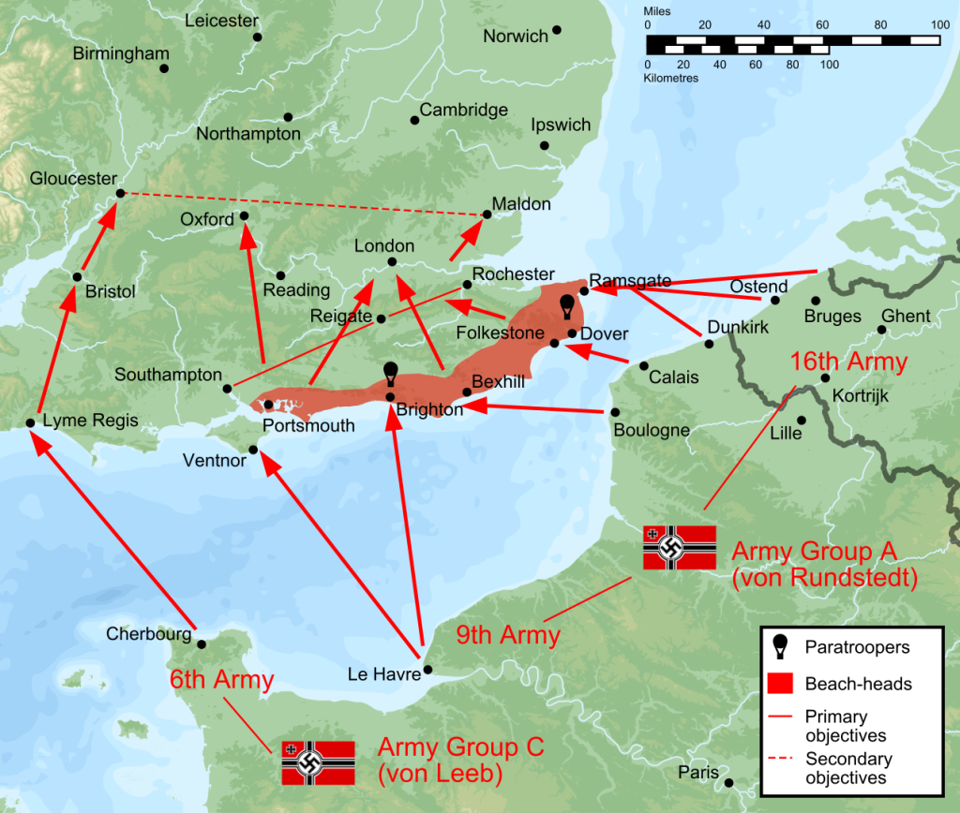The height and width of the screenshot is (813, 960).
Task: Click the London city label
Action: tap(383, 246)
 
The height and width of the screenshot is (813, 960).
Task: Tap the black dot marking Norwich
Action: tap(557, 30)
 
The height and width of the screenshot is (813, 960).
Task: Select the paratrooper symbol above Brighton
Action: tap(391, 374)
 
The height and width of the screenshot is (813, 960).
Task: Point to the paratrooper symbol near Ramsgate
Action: tap(566, 306)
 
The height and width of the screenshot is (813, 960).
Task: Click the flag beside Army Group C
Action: tap(318, 761)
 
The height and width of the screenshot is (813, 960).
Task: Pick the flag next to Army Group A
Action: tap(680, 547)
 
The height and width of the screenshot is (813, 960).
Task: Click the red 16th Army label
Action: tap(848, 362)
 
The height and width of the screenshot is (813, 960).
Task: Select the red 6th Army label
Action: tap(221, 680)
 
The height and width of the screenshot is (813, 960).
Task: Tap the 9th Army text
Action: tap(507, 636)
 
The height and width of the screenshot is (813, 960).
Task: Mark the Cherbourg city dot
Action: tap(201, 642)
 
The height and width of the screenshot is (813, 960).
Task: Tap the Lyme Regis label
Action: tap(90, 421)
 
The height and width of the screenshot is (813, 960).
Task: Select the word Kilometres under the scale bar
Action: tap(670, 79)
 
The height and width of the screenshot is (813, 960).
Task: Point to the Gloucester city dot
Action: tap(120, 193)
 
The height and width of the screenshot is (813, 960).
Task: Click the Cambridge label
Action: tap(463, 110)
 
